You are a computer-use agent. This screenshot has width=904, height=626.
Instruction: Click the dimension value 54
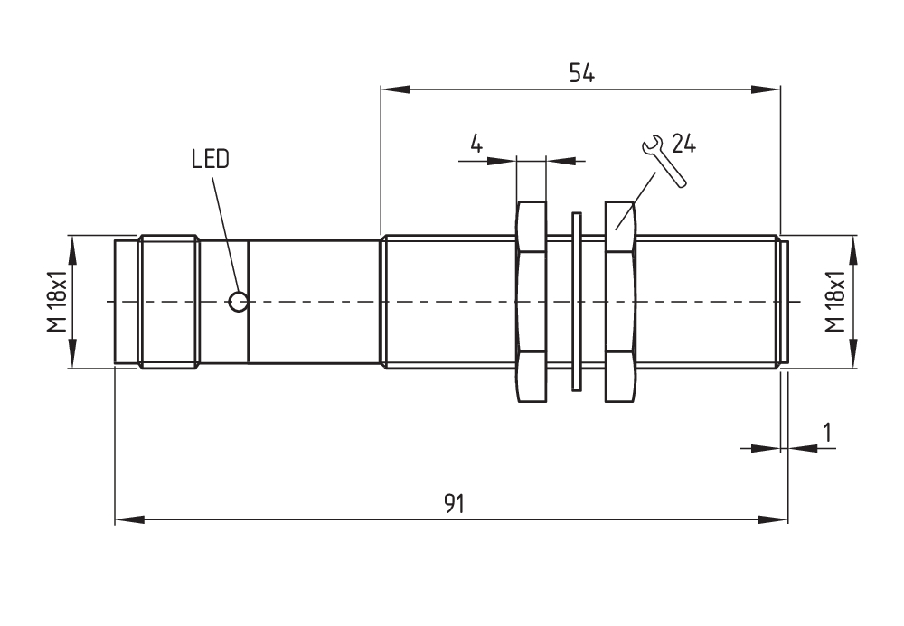click(581, 73)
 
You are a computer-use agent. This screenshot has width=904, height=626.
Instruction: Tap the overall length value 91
click(454, 504)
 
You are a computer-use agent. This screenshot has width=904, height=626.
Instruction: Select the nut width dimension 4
click(476, 143)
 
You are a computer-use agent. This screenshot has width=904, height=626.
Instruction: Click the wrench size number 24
click(683, 144)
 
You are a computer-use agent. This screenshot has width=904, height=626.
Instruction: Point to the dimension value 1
click(827, 432)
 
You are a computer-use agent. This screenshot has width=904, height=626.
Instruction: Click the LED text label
click(211, 159)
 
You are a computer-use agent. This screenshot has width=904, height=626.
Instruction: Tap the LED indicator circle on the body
click(238, 301)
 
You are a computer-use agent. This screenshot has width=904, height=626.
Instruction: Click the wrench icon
click(664, 161)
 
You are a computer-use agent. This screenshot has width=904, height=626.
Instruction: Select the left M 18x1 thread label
click(58, 301)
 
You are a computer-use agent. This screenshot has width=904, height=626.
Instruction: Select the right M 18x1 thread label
click(834, 301)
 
